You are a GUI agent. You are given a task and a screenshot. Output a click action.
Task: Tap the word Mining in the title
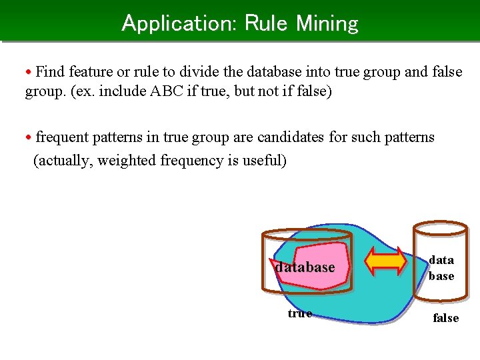coord(327,23)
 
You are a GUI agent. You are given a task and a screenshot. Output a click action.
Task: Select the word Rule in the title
coord(267,23)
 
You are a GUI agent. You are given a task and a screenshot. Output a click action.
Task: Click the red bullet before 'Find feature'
coord(29,71)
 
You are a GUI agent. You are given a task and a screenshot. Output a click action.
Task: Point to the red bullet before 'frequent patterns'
coord(29,138)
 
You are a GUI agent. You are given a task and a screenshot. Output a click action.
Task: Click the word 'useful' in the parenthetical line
coord(262,160)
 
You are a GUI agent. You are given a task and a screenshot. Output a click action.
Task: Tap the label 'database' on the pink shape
coord(305,267)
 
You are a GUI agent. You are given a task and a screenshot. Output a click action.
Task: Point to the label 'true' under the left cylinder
coord(299,313)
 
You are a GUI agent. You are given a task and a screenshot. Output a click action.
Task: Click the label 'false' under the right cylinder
coord(445,318)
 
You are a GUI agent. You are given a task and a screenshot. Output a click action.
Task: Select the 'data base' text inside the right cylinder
coord(441,267)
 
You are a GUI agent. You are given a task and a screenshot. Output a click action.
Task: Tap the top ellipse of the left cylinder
coord(306,234)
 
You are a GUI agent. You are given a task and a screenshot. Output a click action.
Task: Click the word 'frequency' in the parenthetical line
coord(191,160)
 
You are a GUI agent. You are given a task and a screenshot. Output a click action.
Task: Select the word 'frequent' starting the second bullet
coord(62,137)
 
